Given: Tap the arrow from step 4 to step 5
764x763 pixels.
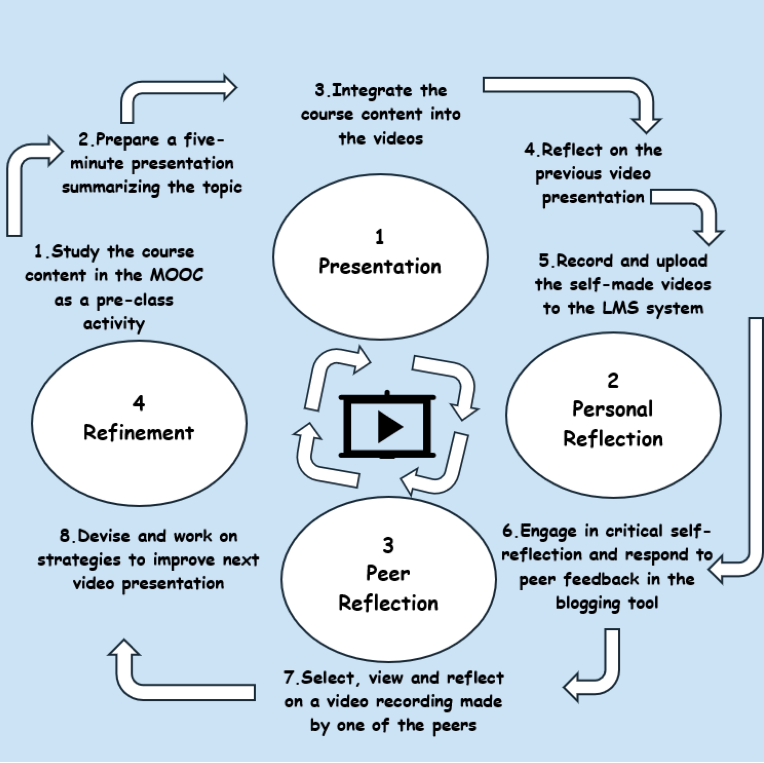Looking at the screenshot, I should point(704,209).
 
